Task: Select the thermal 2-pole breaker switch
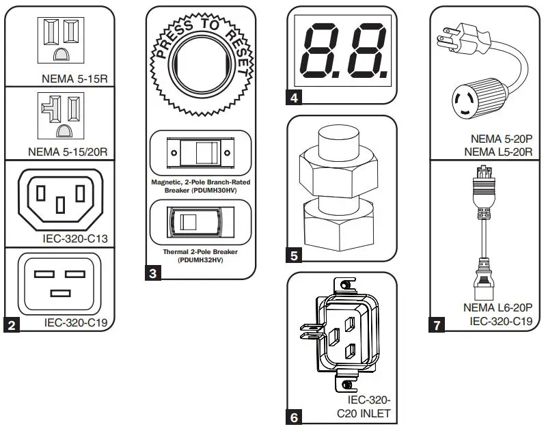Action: [x=200, y=222]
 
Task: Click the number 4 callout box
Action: [x=294, y=98]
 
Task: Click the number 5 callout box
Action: [x=294, y=256]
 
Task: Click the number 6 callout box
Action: [x=294, y=417]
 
